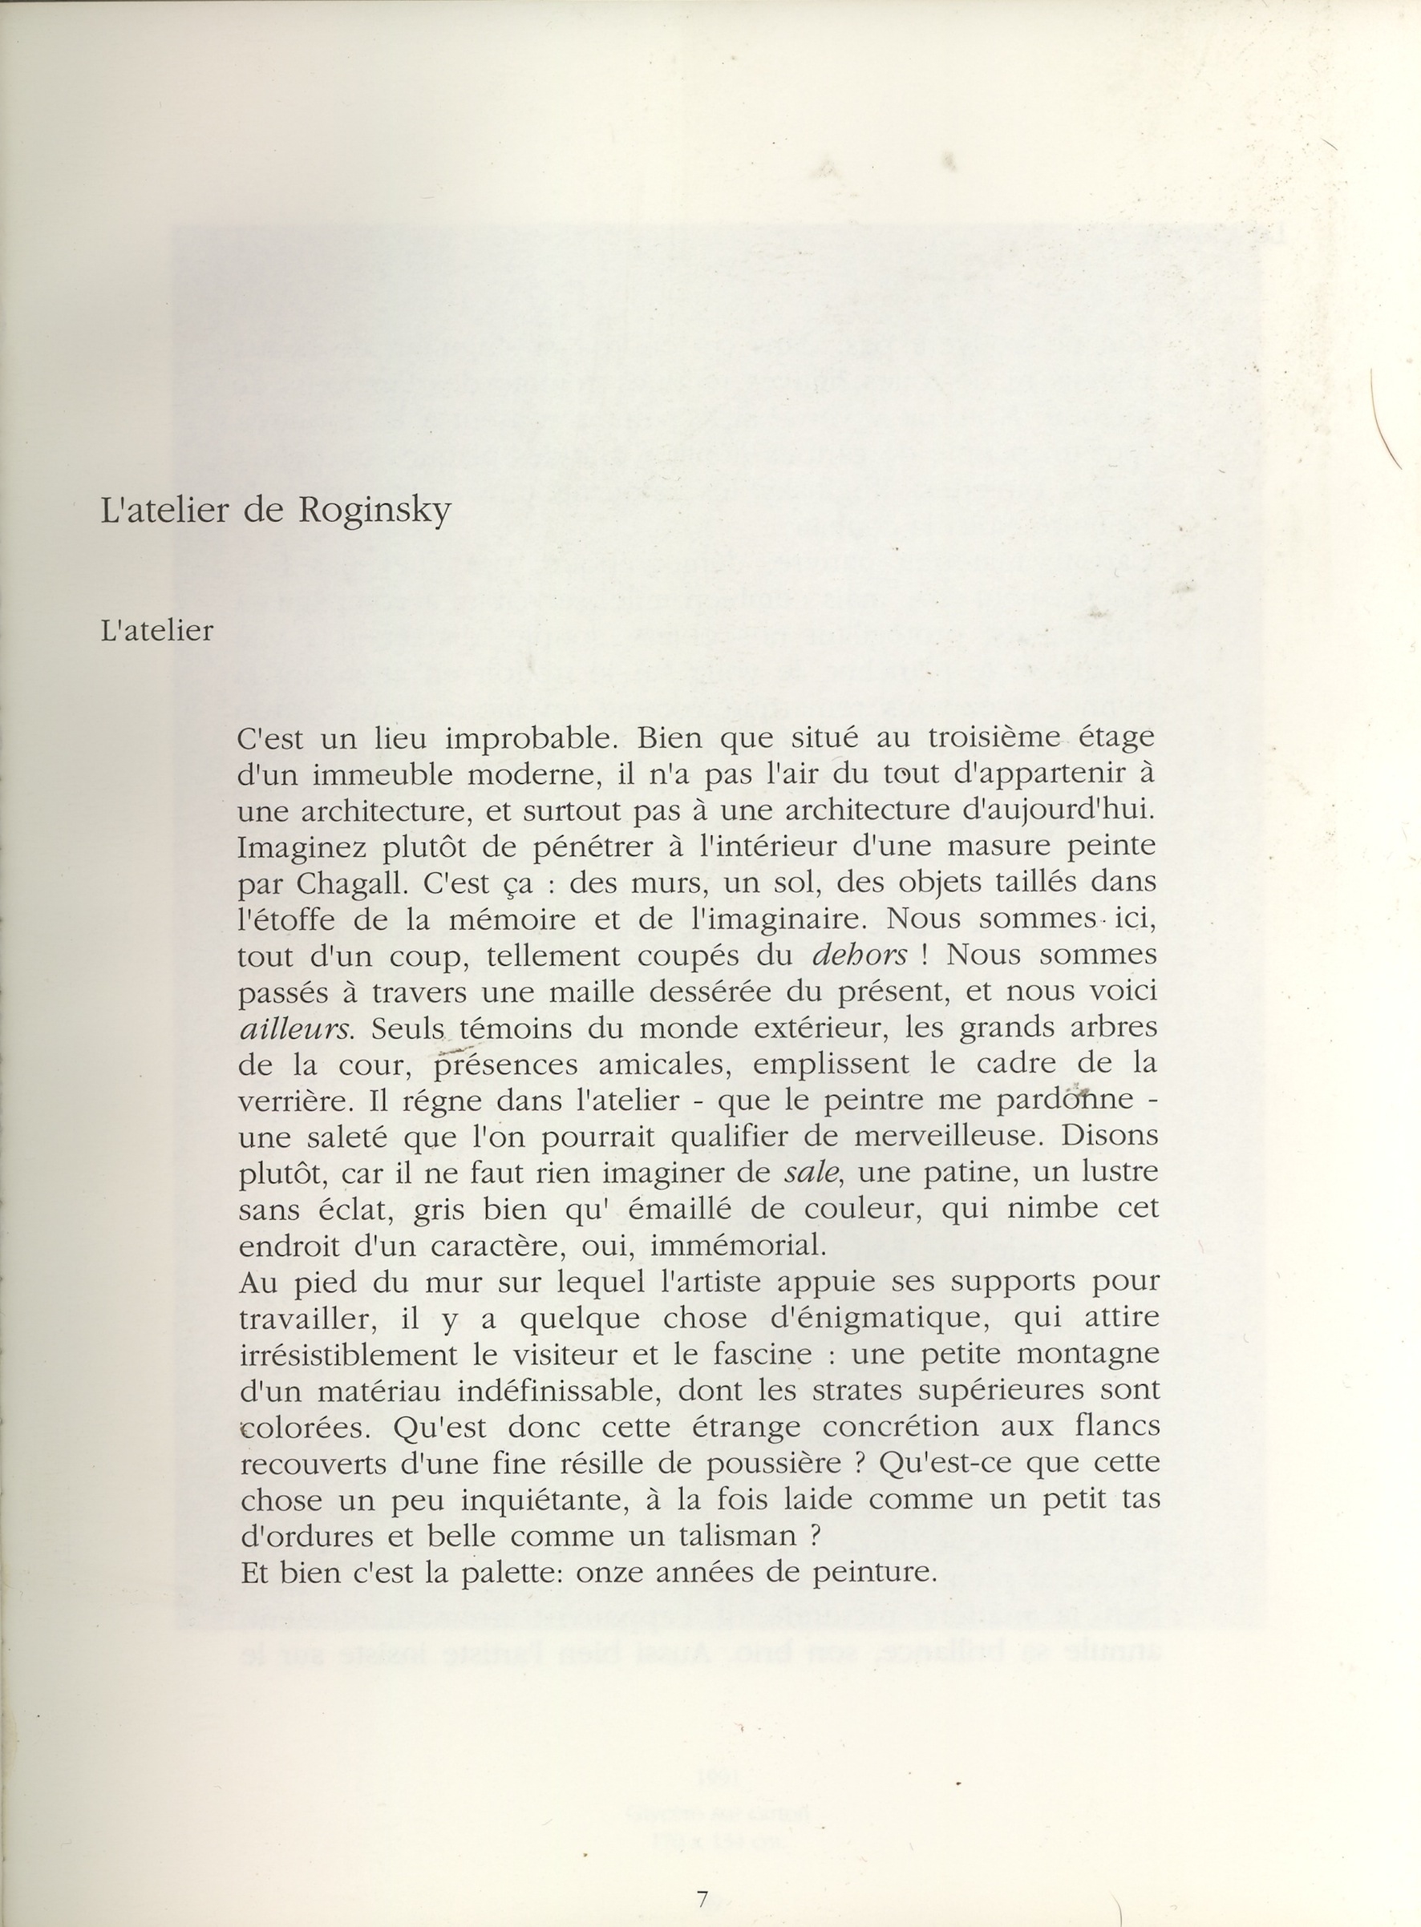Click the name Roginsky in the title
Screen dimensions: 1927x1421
coord(374,511)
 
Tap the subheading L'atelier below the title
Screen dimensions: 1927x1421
coord(156,631)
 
